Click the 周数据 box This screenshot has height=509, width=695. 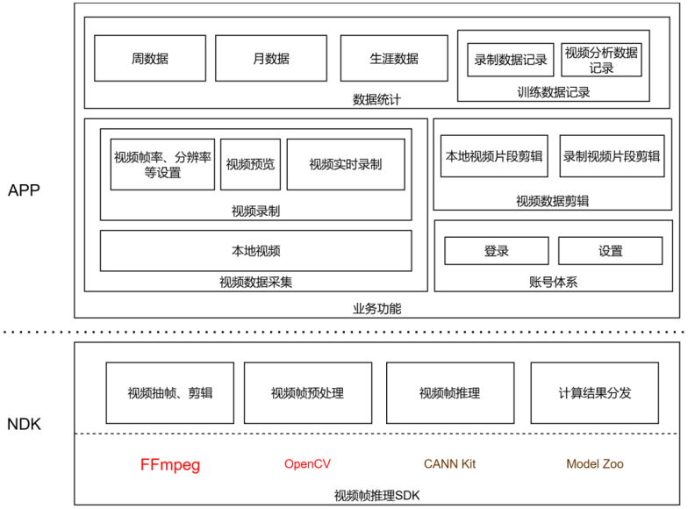[x=150, y=59]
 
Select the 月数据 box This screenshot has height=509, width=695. [x=270, y=59]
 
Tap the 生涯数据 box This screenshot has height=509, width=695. [x=394, y=59]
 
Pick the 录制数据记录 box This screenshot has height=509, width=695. [x=510, y=60]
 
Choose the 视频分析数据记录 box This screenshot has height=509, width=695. [x=601, y=60]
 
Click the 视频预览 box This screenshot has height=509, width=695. [x=250, y=164]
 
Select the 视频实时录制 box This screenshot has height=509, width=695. [x=346, y=164]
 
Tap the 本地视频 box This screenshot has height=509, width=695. [x=255, y=251]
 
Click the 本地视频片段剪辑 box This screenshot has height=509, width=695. [x=494, y=156]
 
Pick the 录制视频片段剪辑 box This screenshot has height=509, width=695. [x=612, y=156]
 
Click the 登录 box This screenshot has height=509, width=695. [x=496, y=251]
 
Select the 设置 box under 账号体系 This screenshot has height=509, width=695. [x=611, y=251]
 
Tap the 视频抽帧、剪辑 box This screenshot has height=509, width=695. [x=170, y=393]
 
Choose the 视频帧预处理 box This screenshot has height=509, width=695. [x=307, y=393]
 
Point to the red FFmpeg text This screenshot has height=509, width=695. [x=170, y=464]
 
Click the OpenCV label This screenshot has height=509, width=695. [x=307, y=464]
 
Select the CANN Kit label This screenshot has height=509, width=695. [x=449, y=464]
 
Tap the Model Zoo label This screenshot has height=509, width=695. [x=594, y=464]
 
